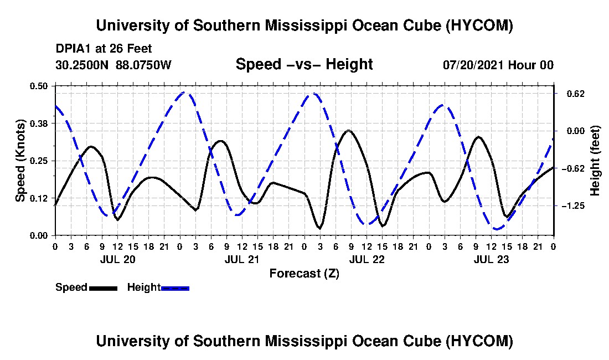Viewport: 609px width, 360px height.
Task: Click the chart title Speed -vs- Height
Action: coord(304,64)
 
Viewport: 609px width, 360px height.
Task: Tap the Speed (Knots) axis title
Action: coord(20,161)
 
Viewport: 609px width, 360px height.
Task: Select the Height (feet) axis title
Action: coord(595,161)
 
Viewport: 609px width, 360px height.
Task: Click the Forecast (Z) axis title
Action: coord(304,274)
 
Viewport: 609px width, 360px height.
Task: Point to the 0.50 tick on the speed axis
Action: coord(38,86)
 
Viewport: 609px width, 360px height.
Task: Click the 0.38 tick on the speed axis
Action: coord(38,124)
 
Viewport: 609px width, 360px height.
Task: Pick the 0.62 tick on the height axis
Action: coord(576,94)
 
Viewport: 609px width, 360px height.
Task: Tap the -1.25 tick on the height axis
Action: coord(573,206)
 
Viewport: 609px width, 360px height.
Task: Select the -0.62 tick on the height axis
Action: coord(573,168)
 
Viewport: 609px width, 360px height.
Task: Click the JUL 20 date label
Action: coord(118,259)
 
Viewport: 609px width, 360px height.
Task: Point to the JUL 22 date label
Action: coord(367,259)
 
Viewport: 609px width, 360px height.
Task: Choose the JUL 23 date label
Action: coord(491,259)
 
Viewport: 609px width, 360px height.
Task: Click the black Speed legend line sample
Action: coord(104,288)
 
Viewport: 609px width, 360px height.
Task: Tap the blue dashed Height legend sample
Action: coord(175,288)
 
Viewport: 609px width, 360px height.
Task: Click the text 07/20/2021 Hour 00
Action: coord(498,65)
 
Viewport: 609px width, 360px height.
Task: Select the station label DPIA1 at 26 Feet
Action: coord(104,49)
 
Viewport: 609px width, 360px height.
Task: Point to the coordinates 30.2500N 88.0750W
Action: coord(113,65)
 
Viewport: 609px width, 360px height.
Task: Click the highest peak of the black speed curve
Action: coord(348,131)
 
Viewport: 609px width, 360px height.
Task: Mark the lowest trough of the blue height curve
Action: coord(496,229)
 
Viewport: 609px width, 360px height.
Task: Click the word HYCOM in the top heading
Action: coord(478,25)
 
